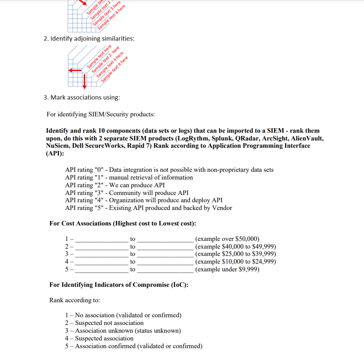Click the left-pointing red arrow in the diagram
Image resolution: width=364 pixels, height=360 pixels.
(x=75, y=70)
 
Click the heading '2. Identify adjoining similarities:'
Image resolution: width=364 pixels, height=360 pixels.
(x=89, y=39)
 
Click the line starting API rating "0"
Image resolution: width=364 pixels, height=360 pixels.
(x=169, y=170)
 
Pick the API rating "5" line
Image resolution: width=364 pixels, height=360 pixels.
(x=148, y=208)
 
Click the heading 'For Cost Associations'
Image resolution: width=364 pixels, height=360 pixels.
(x=123, y=223)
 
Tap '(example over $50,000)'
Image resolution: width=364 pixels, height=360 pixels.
(x=227, y=239)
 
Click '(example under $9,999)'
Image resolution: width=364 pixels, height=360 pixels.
(x=227, y=270)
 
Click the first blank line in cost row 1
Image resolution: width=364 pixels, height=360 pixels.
(x=102, y=239)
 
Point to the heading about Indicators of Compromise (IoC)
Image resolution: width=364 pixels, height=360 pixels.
(x=119, y=285)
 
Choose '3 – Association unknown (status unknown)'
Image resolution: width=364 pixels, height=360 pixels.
(x=123, y=330)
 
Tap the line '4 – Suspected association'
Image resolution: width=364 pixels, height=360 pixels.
(x=99, y=338)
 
